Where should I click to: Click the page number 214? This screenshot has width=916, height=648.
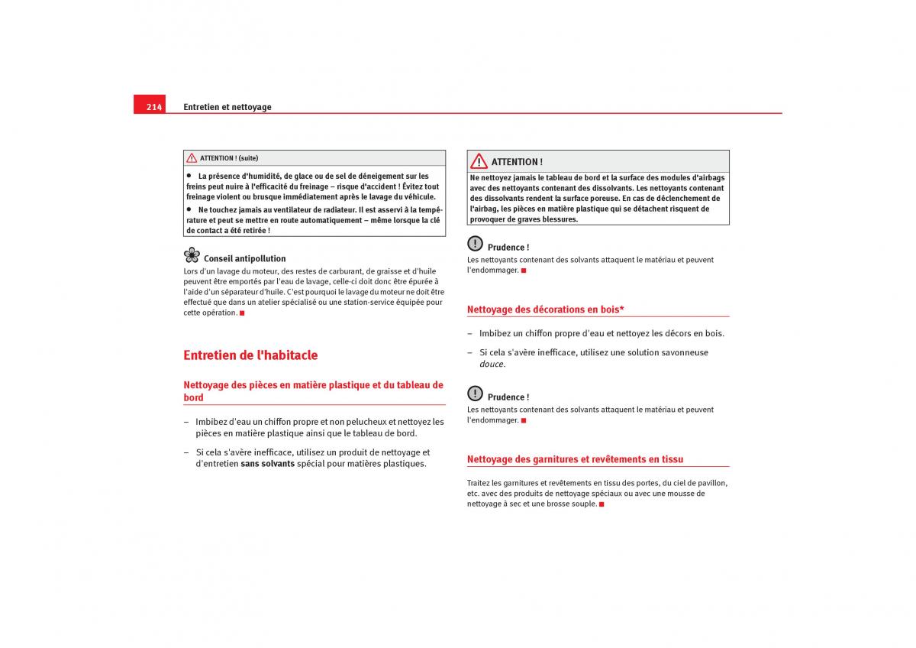coord(154,107)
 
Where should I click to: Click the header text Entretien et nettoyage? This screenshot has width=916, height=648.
coord(227,107)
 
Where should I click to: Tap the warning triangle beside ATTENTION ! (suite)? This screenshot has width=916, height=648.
coord(192,158)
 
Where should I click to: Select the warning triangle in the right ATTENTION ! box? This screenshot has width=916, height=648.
coord(479,161)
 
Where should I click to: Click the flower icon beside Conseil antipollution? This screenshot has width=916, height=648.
coord(192,256)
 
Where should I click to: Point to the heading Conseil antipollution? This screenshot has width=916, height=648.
coord(244,259)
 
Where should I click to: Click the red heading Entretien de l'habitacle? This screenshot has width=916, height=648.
coord(250,355)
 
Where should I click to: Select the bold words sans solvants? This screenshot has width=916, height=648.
coord(267,464)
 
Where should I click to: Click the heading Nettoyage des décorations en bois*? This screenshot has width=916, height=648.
coord(545,309)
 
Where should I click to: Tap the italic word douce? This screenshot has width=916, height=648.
coord(492,364)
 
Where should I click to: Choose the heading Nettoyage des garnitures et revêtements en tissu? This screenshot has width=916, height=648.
coord(575,459)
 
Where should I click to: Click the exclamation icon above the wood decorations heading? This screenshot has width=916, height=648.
coord(475,244)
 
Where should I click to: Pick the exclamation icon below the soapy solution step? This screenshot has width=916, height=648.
coord(475,394)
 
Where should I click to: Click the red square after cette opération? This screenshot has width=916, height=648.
coord(242,313)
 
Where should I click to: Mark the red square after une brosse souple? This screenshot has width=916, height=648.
coord(602,504)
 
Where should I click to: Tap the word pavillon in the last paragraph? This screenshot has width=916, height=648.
coord(711,483)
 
